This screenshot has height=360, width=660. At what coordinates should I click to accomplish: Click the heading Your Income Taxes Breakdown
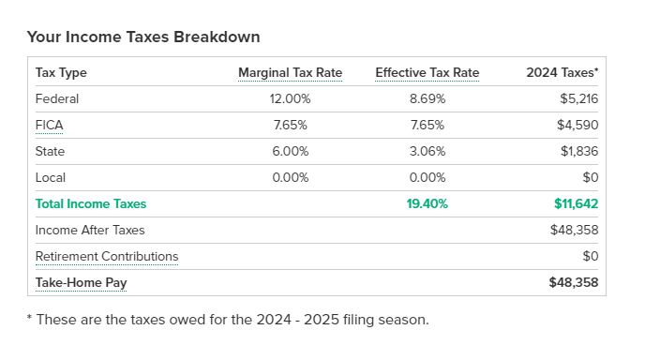pyautogui.click(x=143, y=37)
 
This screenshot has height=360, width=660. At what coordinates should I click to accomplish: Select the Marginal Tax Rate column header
pyautogui.click(x=290, y=73)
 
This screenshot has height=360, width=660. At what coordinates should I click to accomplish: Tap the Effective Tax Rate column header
pyautogui.click(x=427, y=73)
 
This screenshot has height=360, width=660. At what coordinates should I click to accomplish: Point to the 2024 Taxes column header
pyautogui.click(x=562, y=72)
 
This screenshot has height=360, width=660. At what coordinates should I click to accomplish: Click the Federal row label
pyautogui.click(x=57, y=99)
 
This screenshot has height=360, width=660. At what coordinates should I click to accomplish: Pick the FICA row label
pyautogui.click(x=50, y=125)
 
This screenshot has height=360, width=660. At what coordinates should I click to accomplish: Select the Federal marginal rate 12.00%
pyautogui.click(x=290, y=99)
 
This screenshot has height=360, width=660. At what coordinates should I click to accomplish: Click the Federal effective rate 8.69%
pyautogui.click(x=427, y=99)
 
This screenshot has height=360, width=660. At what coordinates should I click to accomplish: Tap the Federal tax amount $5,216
pyautogui.click(x=578, y=99)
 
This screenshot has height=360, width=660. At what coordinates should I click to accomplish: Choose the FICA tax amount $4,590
pyautogui.click(x=577, y=125)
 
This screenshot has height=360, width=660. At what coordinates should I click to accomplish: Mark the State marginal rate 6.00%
pyautogui.click(x=290, y=152)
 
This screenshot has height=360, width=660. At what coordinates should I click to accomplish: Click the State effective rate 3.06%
pyautogui.click(x=427, y=152)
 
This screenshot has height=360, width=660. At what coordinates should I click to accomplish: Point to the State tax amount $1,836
pyautogui.click(x=579, y=151)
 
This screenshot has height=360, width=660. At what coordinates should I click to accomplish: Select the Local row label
pyautogui.click(x=51, y=178)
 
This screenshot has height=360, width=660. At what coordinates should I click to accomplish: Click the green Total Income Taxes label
pyautogui.click(x=91, y=203)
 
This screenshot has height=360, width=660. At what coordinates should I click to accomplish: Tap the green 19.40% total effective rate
pyautogui.click(x=427, y=203)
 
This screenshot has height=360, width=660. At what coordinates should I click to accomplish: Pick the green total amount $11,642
pyautogui.click(x=577, y=203)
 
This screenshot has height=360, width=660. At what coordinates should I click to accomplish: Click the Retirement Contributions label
pyautogui.click(x=107, y=257)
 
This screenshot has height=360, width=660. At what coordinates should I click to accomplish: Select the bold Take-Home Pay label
pyautogui.click(x=81, y=283)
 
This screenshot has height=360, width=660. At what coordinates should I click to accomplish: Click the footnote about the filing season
pyautogui.click(x=228, y=320)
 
